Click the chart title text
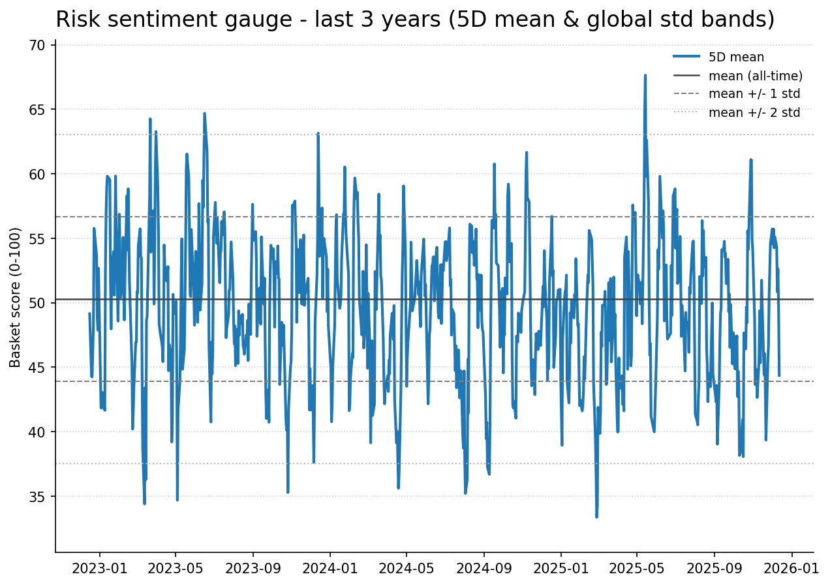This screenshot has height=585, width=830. (415, 20)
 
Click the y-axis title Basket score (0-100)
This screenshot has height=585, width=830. (16, 297)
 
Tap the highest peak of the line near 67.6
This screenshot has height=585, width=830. (645, 76)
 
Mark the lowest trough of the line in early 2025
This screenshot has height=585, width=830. (596, 516)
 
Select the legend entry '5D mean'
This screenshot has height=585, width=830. (736, 57)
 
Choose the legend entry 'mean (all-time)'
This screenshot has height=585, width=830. (755, 76)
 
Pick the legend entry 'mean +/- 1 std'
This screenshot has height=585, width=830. (754, 94)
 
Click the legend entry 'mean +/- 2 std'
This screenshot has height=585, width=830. (754, 112)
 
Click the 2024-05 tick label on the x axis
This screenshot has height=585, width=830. (406, 568)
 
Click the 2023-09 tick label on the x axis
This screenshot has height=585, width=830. (253, 568)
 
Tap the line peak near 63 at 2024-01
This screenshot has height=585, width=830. (318, 134)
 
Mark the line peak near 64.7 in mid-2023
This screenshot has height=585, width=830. (204, 114)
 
